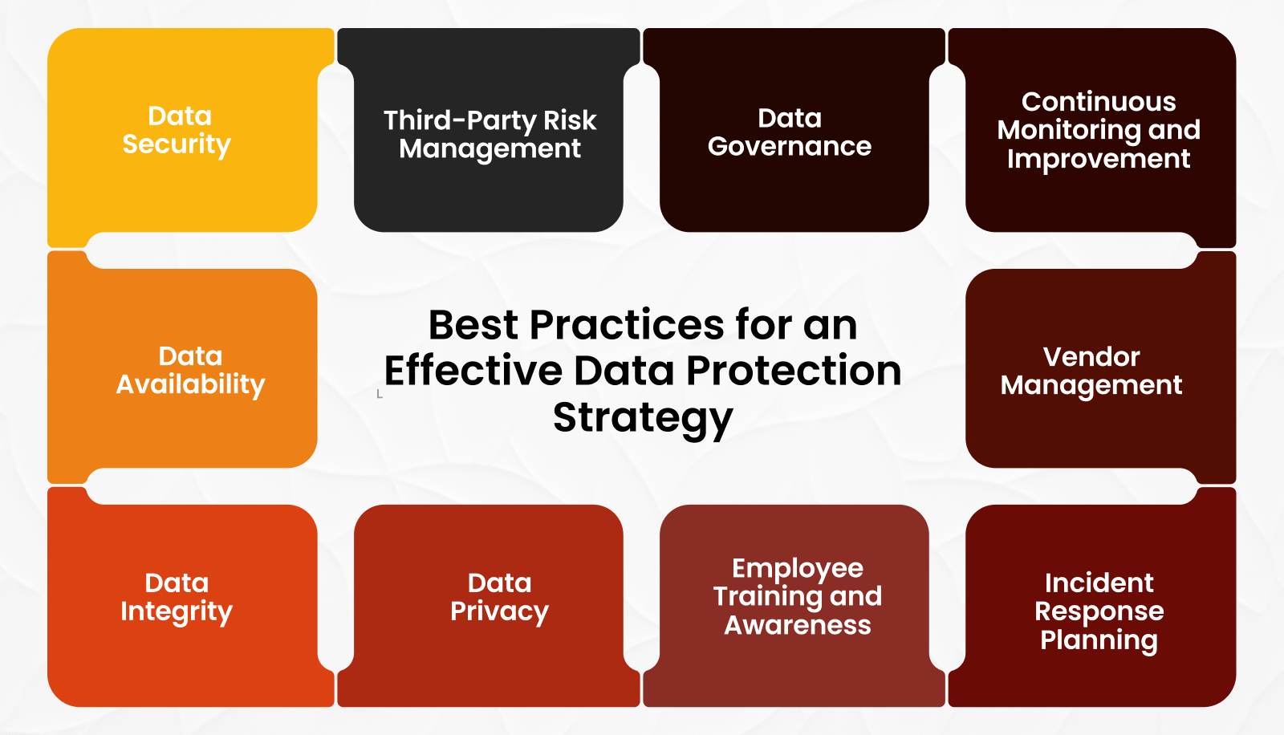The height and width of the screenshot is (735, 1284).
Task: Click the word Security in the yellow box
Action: point(177,144)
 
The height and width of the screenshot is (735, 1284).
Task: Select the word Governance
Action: point(790,146)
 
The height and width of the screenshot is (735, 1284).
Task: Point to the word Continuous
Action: point(1099,102)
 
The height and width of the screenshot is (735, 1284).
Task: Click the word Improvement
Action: point(1099,159)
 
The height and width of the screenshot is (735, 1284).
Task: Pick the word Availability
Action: point(190,384)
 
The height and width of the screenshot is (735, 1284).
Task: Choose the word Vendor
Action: point(1091,356)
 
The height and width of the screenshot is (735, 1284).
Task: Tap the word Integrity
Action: point(177,611)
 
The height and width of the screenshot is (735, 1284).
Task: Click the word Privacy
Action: point(499,611)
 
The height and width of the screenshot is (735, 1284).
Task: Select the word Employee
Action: point(798,568)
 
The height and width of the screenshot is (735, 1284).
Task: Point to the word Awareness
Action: point(798,625)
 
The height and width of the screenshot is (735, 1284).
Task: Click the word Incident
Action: point(1099,583)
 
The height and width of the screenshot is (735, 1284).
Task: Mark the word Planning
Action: point(1099,640)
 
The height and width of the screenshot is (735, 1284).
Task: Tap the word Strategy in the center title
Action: point(643,417)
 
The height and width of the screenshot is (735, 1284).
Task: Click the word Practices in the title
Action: point(628,325)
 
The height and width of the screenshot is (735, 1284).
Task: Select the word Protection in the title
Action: point(794,371)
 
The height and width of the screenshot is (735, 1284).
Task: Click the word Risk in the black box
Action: point(570,120)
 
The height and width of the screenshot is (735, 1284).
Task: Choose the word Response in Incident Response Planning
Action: point(1099,611)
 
